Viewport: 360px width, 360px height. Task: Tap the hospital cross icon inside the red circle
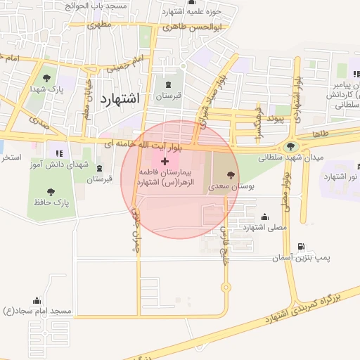[x=165, y=162]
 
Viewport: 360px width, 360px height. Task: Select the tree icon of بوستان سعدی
[x=231, y=175]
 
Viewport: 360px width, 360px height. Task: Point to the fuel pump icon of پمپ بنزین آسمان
[x=302, y=247]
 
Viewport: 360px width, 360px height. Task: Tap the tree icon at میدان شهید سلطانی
[x=290, y=146]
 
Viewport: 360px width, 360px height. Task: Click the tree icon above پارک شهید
[x=46, y=78]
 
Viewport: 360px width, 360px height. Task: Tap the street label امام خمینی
[x=127, y=65]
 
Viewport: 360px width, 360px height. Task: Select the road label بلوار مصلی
[x=287, y=190]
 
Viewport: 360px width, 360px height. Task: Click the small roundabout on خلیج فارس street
[x=225, y=287]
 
